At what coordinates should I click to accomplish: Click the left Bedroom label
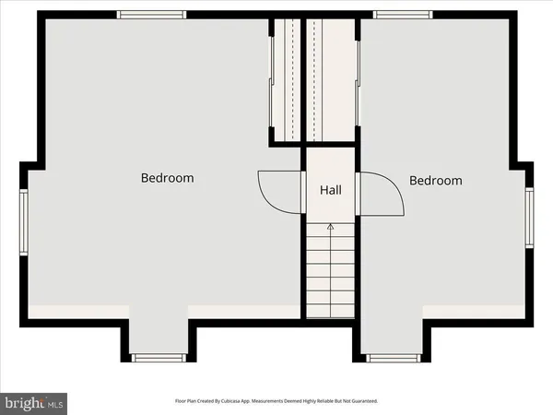tap(167, 178)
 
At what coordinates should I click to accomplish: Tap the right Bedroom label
tap(435, 181)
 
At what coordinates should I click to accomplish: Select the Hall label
tap(331, 190)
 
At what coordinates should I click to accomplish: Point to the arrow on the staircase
tap(331, 225)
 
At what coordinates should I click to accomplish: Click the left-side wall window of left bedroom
tap(25, 219)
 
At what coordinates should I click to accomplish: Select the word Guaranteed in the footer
tap(360, 402)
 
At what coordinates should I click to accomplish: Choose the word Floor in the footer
tap(182, 402)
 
